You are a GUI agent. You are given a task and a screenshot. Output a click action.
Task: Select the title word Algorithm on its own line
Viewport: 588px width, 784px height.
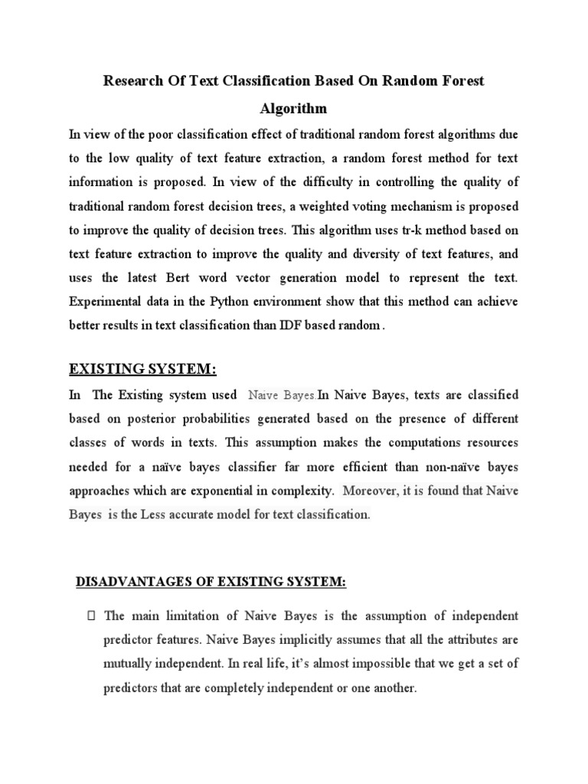[x=294, y=108]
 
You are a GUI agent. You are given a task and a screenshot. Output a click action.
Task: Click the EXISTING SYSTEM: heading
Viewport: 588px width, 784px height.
[x=143, y=371]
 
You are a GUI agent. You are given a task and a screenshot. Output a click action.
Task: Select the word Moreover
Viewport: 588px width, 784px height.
[x=371, y=491]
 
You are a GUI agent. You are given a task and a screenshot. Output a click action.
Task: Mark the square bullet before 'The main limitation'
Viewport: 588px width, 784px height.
[x=91, y=616]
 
